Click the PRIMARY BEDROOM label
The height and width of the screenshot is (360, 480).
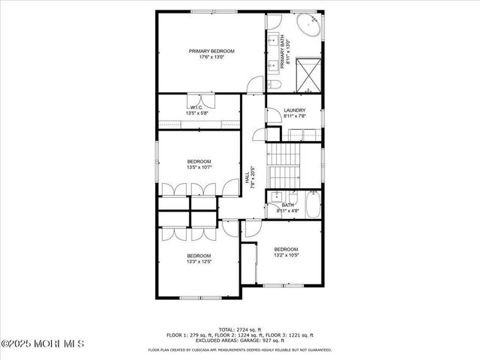(x=211, y=51)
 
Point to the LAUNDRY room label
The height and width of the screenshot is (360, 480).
(x=294, y=110)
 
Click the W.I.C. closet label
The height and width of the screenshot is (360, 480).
(x=196, y=108)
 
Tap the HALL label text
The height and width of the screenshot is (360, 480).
(x=247, y=178)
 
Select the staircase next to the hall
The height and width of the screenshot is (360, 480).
(x=284, y=166)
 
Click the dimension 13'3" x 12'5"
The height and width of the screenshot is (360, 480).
(x=199, y=262)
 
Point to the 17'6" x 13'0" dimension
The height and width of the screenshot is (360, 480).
(x=211, y=58)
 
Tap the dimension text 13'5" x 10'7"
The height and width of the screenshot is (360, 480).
(x=199, y=168)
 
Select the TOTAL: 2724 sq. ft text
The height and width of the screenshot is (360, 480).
(x=240, y=330)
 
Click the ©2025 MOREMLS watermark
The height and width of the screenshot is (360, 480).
(x=43, y=343)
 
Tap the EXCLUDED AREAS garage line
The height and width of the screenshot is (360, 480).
(x=240, y=340)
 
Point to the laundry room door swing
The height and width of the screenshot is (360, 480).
(x=273, y=114)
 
